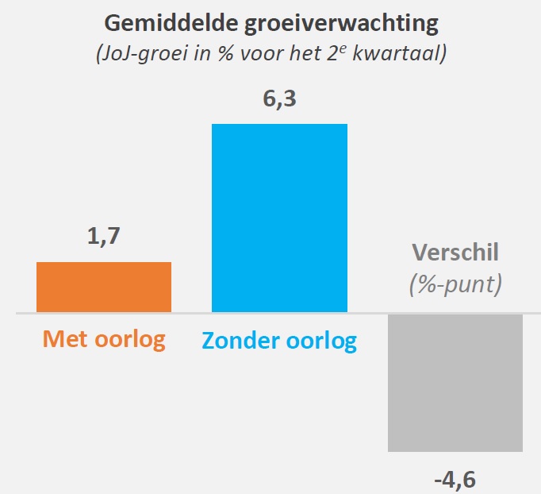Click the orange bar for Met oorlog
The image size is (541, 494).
[104, 287]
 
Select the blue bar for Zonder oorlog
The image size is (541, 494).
[279, 218]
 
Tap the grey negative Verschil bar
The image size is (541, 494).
[455, 383]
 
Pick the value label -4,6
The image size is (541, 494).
[455, 480]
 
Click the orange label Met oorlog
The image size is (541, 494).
[104, 340]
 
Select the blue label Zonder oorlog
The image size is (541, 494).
[279, 341]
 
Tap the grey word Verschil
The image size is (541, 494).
[455, 253]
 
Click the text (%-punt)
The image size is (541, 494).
[455, 284]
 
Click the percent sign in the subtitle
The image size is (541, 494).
[214, 56]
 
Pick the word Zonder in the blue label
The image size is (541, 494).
[241, 341]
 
